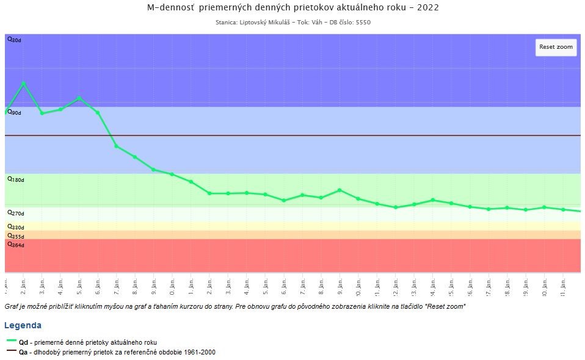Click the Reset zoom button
pos(556,47)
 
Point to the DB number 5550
pos(362,23)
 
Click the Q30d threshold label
pos(14,40)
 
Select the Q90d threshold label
pos(14,113)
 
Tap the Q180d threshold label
pos(15,180)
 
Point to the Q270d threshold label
pos(15,214)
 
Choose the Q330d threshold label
pos(15,227)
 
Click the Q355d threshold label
pos(15,236)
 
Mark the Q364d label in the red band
pos(15,245)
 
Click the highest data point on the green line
pos(24,84)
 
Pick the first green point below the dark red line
pos(117,146)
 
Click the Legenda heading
pos(23,325)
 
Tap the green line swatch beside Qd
pos(12,342)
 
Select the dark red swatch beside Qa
pos(12,351)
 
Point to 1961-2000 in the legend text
pos(200,352)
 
